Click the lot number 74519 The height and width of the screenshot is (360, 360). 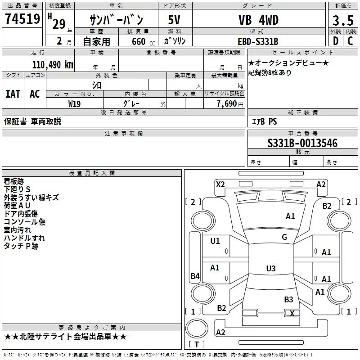[22, 19]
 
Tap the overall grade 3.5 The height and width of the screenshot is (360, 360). [343, 20]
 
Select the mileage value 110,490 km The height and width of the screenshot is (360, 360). [53, 65]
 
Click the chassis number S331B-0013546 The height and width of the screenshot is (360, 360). [302, 143]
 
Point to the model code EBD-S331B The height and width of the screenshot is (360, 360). [258, 41]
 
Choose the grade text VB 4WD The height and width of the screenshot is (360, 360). [258, 20]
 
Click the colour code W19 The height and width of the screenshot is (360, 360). [74, 104]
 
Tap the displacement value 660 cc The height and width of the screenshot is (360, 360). [143, 41]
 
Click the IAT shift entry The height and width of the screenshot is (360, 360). [13, 94]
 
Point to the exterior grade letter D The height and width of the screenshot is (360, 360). [336, 41]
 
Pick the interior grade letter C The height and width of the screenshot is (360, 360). [350, 41]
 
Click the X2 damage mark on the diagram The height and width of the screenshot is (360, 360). [220, 184]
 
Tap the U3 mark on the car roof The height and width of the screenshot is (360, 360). [271, 268]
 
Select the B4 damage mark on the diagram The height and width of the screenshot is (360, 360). [195, 276]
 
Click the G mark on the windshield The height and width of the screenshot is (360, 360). [284, 237]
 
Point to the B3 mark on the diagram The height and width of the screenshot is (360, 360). [288, 299]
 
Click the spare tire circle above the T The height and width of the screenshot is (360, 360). [197, 328]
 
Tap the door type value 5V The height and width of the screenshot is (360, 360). [174, 20]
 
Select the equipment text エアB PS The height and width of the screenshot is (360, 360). [264, 121]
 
